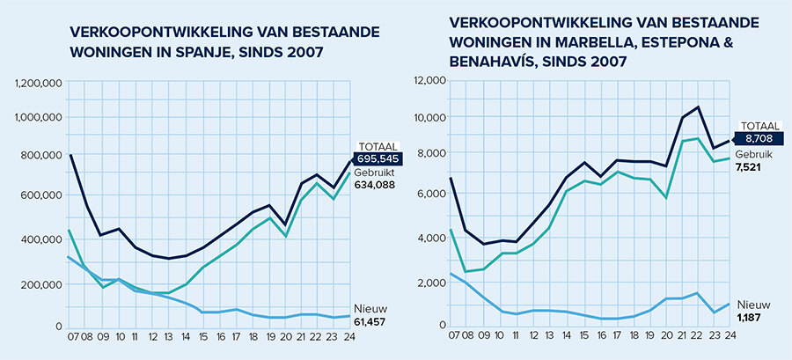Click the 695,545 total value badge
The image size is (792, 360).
coord(376,158)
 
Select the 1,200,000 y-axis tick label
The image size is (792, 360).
coord(37,83)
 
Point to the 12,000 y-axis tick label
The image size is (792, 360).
coord(429,81)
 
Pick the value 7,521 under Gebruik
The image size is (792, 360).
coord(751,166)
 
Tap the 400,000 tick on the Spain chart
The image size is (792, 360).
coord(40,239)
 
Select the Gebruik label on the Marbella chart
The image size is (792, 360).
coord(751,153)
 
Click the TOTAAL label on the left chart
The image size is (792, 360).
coord(373,145)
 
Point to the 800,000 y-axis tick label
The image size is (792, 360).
coord(40,157)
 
